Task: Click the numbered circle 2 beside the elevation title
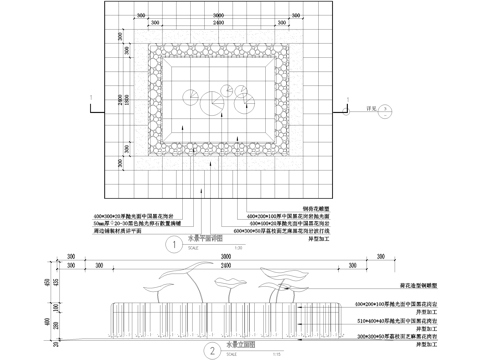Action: click(212, 350)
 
